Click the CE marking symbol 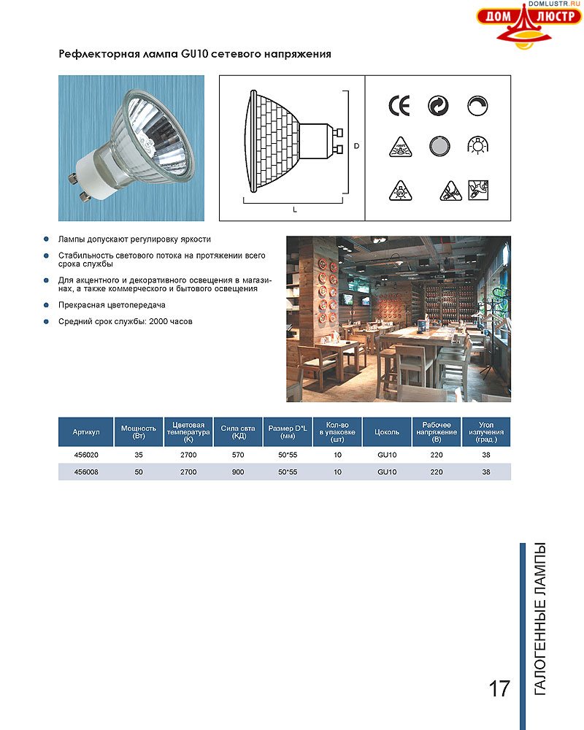(x=399, y=106)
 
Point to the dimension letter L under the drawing (x=294, y=210)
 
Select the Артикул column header (x=86, y=432)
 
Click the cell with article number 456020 (x=86, y=455)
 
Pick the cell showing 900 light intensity (x=237, y=472)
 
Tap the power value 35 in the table (x=139, y=455)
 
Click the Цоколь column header (x=387, y=432)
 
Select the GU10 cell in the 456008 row (x=387, y=472)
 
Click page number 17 (x=499, y=688)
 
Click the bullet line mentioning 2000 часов (x=125, y=321)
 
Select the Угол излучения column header (x=486, y=432)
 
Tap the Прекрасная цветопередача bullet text (x=112, y=305)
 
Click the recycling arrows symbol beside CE (x=438, y=106)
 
